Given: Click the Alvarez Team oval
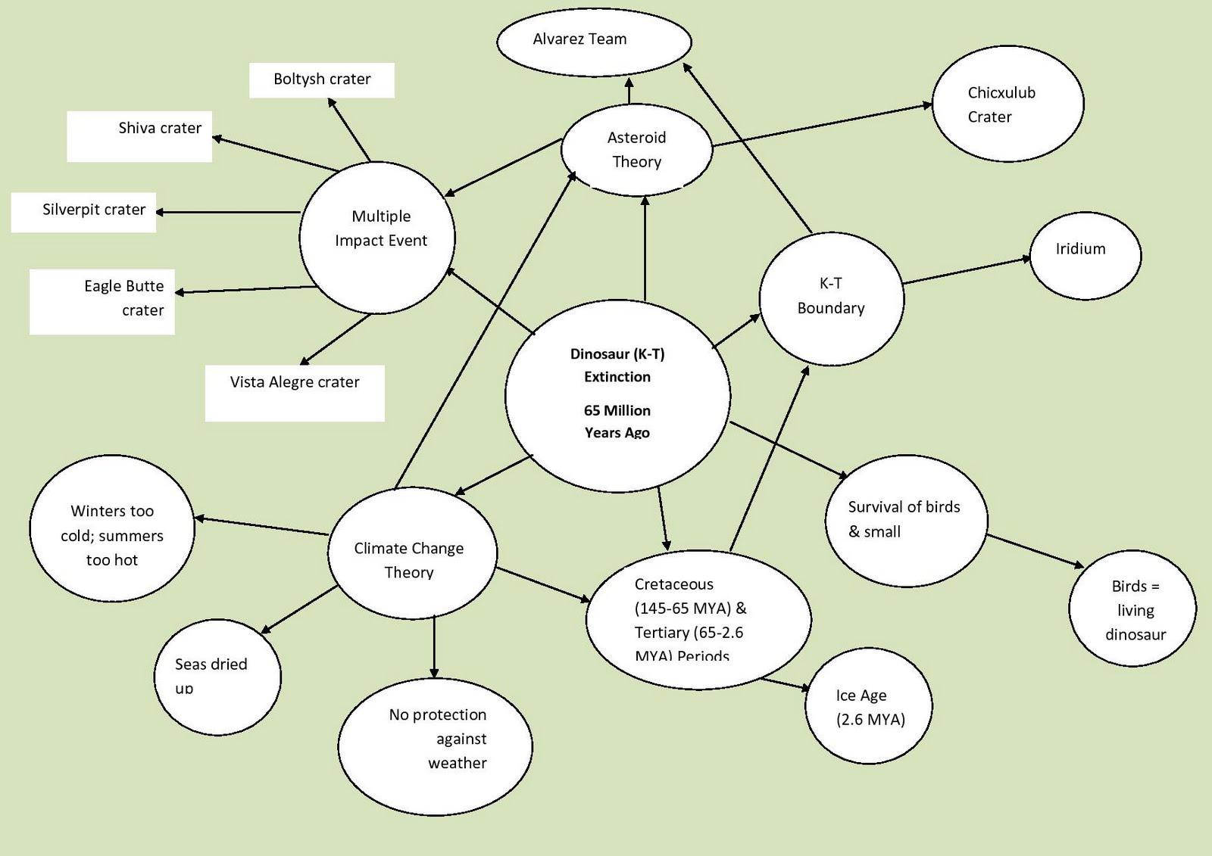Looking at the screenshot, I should click(x=594, y=41).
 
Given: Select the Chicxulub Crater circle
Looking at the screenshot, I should click(x=1007, y=104).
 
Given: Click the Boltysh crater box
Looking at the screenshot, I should click(x=322, y=79).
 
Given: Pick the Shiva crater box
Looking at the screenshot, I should click(x=139, y=136).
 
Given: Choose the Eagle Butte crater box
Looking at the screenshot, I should click(x=102, y=301).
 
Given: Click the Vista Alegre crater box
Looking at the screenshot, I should click(x=295, y=392).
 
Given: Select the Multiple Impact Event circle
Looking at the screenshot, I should click(x=377, y=236).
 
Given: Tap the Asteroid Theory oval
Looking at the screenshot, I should click(x=636, y=150).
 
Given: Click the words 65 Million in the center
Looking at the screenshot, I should click(x=617, y=411).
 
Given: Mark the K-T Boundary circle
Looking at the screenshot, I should click(x=831, y=298).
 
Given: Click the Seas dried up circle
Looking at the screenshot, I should click(x=217, y=676).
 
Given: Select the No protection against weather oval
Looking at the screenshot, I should click(x=435, y=746).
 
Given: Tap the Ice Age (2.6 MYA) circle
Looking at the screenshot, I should click(x=869, y=706).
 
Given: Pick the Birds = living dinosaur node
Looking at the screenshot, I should click(x=1132, y=609).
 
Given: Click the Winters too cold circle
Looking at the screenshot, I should click(x=112, y=530).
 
